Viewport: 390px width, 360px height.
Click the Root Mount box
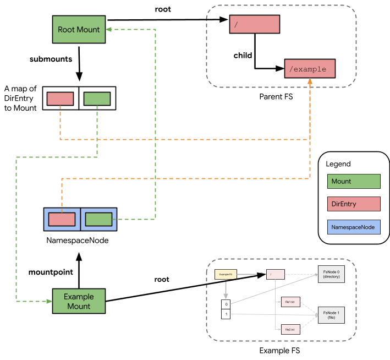click(79, 30)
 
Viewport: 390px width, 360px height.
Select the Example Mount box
click(79, 301)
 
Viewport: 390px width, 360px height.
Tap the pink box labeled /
click(254, 25)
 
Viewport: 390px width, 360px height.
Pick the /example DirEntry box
click(310, 69)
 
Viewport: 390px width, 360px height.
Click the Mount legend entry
click(354, 182)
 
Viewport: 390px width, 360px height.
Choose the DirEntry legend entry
click(354, 204)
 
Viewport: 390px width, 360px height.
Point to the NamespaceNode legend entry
click(354, 227)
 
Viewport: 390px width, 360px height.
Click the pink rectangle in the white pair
click(61, 99)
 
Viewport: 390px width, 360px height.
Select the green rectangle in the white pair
click(97, 99)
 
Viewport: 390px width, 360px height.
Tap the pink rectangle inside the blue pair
click(62, 219)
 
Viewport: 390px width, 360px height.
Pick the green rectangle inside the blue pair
click(99, 219)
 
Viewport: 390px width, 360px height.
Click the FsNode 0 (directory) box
click(331, 274)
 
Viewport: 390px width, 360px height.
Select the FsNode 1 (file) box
click(331, 315)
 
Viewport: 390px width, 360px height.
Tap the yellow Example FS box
click(226, 274)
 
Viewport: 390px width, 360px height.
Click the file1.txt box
click(289, 302)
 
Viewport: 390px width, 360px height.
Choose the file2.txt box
click(289, 329)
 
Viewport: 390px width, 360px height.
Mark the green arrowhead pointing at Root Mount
click(108, 30)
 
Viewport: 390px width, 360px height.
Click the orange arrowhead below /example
click(310, 81)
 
